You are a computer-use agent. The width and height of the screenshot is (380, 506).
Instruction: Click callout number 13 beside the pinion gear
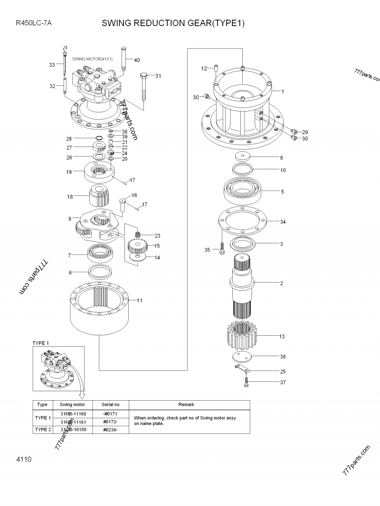[x=282, y=336]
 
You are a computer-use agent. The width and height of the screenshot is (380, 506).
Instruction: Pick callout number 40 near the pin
[x=137, y=60]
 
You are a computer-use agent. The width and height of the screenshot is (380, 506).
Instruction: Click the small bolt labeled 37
[x=246, y=382]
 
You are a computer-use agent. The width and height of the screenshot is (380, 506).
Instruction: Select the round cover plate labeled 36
[x=244, y=357]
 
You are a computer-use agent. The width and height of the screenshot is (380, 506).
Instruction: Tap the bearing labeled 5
[x=243, y=191]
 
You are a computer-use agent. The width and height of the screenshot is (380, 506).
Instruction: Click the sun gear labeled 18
[x=99, y=195]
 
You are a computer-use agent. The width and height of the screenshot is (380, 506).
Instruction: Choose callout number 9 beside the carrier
[x=70, y=219]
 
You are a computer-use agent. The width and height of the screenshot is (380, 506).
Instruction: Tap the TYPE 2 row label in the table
[x=42, y=429]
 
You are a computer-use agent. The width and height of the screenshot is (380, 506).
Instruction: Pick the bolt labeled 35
[x=222, y=249]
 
